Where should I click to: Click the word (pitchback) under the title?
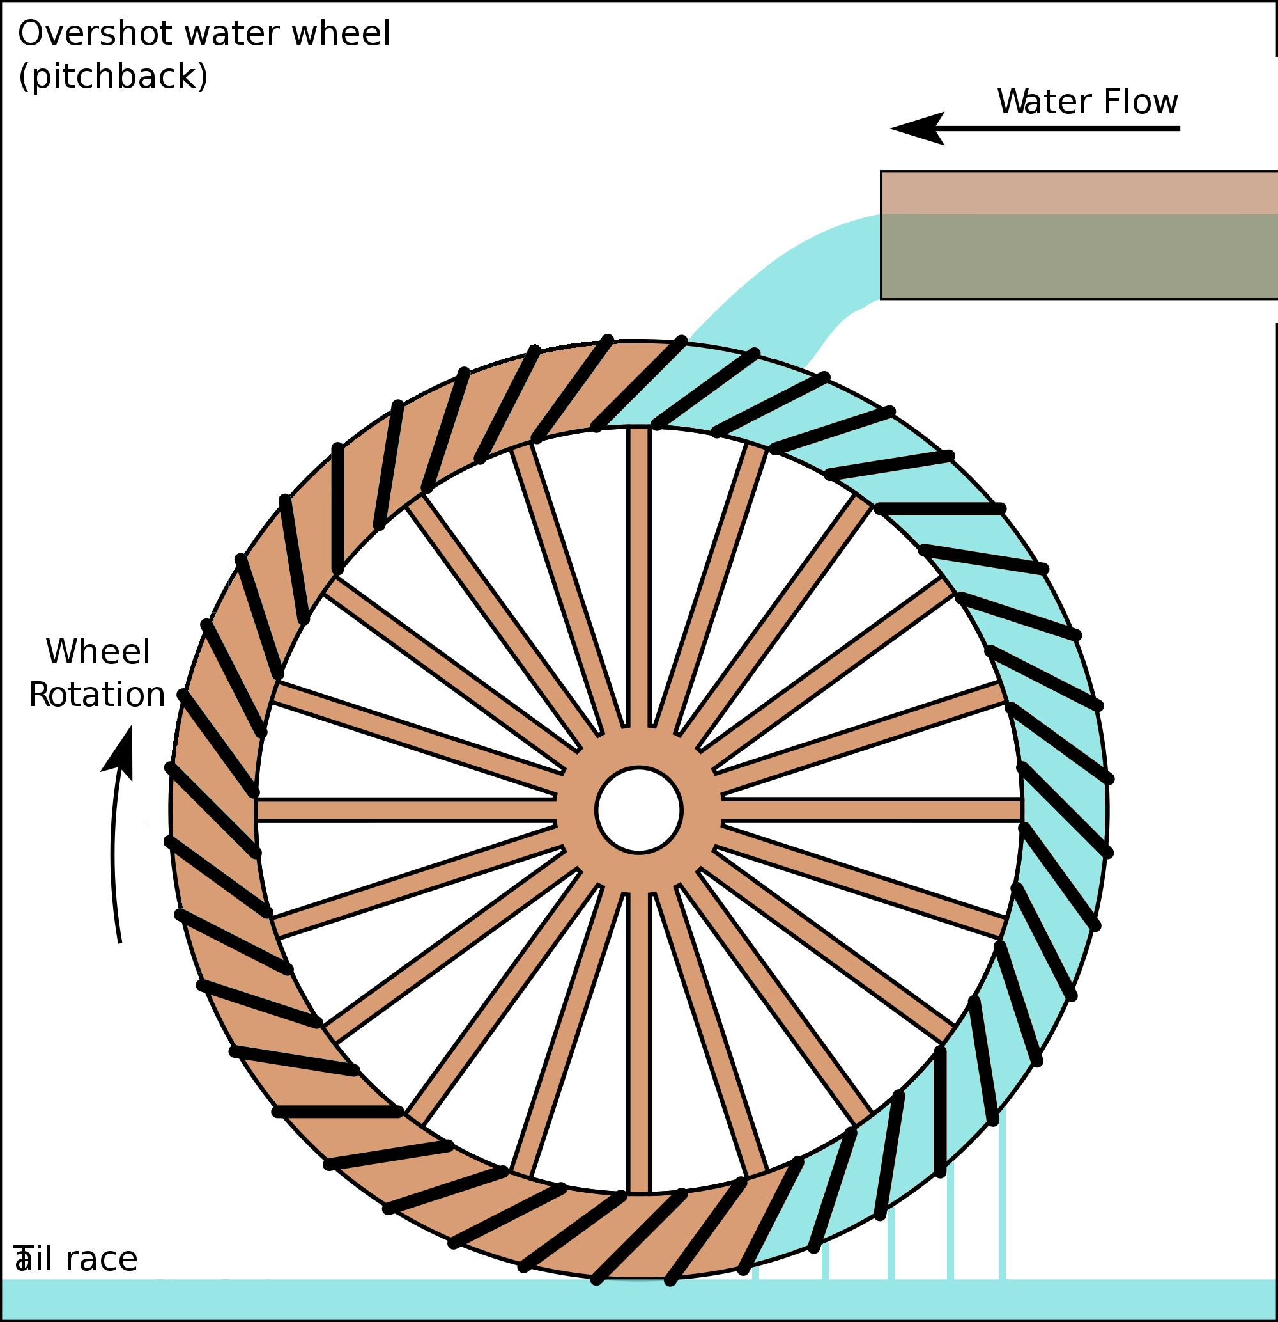(x=112, y=76)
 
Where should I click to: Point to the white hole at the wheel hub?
(x=638, y=810)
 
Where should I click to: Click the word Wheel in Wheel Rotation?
(x=98, y=652)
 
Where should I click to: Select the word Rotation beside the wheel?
(x=97, y=695)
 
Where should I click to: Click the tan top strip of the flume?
(x=1079, y=193)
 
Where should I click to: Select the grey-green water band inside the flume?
(x=1079, y=256)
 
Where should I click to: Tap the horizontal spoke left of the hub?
(x=404, y=810)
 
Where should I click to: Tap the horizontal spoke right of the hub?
(x=870, y=810)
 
